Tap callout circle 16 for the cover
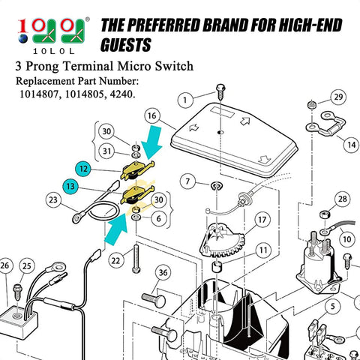click(x=152, y=116)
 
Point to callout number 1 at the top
click(x=186, y=98)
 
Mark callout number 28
click(x=341, y=199)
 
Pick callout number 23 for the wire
click(x=52, y=200)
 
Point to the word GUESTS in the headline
click(x=130, y=44)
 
